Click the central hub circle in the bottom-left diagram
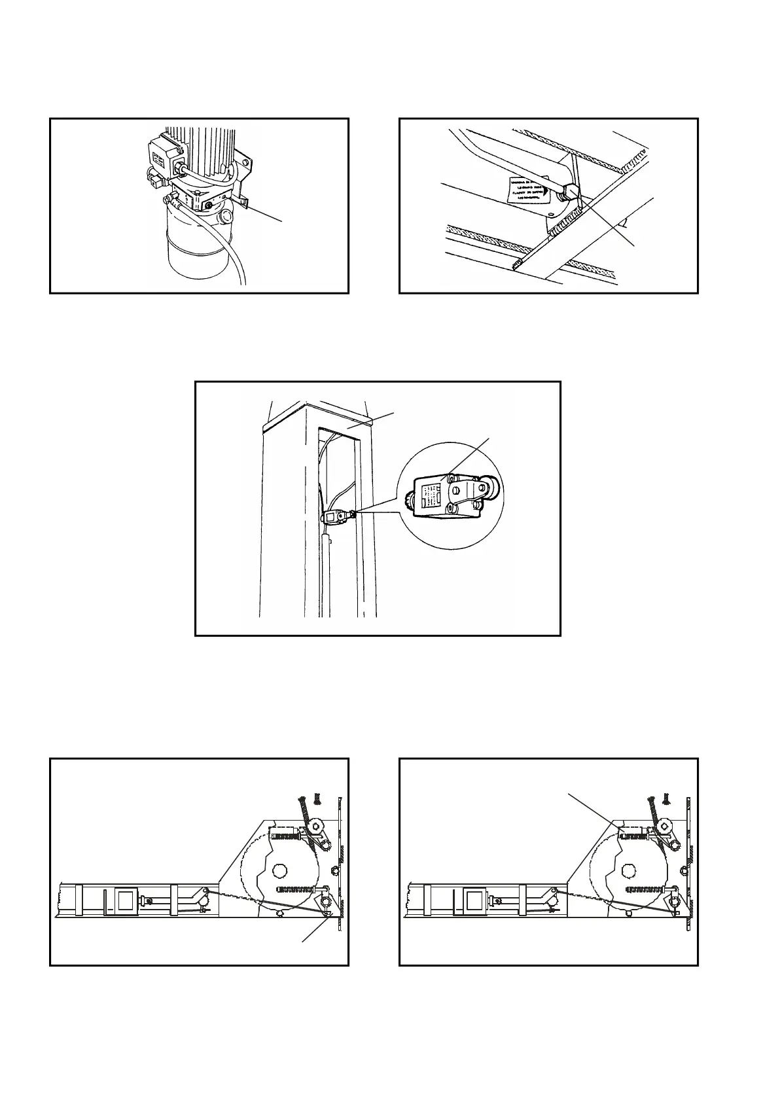(x=279, y=870)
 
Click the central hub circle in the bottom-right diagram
(x=629, y=870)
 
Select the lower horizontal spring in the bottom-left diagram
(x=299, y=889)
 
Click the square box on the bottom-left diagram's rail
(x=125, y=901)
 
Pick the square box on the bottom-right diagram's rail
(x=474, y=901)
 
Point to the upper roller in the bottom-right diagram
(x=666, y=827)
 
